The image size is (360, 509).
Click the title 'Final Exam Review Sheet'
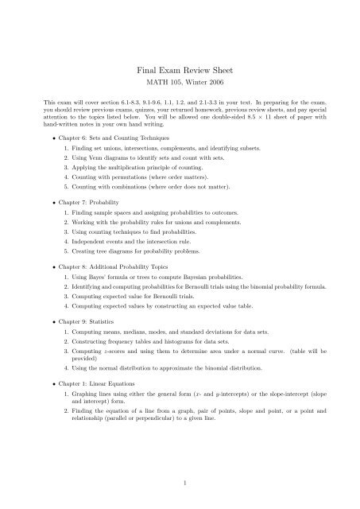(x=180, y=70)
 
